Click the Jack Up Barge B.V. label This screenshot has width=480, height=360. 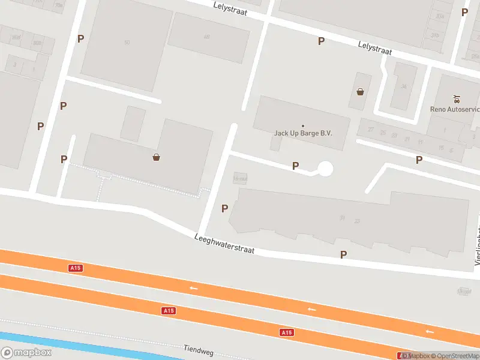point(303,133)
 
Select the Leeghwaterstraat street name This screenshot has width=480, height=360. point(225,245)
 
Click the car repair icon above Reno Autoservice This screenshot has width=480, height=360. point(457,98)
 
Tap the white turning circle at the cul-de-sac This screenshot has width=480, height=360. point(325,169)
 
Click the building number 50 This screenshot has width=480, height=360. point(127,42)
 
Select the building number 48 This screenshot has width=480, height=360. point(207,37)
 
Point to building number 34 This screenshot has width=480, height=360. point(404,86)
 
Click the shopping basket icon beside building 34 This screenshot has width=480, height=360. point(360,92)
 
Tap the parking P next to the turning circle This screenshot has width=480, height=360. point(295,166)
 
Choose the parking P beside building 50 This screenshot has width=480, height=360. point(80,38)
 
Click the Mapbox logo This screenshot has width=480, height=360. point(26,353)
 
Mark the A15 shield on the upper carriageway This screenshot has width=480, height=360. point(75,268)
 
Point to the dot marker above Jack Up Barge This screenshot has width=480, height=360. point(303,125)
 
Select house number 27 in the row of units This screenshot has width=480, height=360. point(371,130)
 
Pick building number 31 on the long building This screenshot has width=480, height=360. point(342,218)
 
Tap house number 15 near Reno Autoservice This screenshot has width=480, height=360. point(441,147)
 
